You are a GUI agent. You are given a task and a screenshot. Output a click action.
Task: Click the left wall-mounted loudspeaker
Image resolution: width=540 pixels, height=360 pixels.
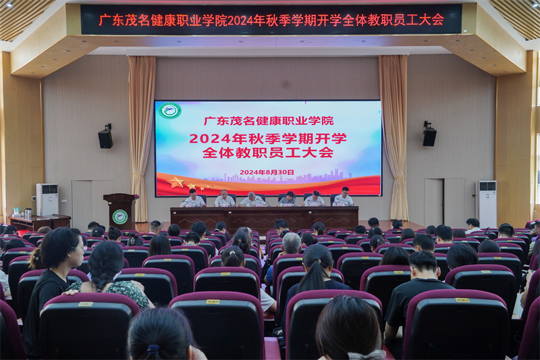[x=105, y=137]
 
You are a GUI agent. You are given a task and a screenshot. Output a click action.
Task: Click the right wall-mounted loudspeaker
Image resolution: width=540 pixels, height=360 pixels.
[x=429, y=135]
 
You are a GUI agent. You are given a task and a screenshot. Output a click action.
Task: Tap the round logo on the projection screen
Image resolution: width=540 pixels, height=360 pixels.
[x=170, y=111]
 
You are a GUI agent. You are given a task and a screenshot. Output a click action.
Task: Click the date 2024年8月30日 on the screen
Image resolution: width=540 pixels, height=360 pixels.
[x=267, y=172]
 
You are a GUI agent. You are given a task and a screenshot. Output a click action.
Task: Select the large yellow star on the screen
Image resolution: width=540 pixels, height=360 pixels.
[x=176, y=182]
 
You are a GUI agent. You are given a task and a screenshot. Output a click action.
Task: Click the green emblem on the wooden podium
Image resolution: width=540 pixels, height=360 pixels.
[x=119, y=217]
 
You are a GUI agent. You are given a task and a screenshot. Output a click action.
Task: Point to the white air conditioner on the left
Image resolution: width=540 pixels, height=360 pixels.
[x=47, y=199]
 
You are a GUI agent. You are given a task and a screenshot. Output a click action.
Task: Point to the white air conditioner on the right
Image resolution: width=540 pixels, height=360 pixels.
[x=486, y=203]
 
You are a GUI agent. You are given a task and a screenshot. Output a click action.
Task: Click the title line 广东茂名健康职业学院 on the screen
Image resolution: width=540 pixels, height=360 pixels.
[x=269, y=121]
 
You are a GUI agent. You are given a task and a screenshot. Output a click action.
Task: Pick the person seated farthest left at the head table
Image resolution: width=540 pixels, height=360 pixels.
[x=192, y=198]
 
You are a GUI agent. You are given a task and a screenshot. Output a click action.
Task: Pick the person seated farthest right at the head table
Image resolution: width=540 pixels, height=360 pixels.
[x=344, y=197]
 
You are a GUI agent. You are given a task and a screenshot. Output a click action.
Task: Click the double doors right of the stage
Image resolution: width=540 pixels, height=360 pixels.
[x=444, y=201]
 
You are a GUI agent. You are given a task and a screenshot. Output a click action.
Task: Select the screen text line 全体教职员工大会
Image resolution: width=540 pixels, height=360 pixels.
[x=268, y=153]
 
